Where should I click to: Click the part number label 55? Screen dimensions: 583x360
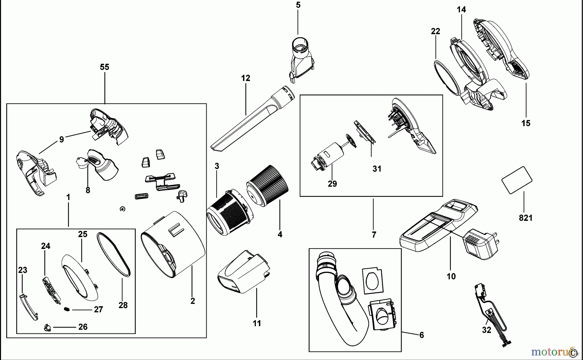105,67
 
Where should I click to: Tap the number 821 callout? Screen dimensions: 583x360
526,218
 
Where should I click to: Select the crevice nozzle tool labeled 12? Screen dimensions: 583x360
253,118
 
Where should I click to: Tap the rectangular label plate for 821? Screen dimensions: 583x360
517,180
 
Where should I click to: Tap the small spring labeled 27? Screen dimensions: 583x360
67,309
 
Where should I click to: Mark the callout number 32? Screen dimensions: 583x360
486,330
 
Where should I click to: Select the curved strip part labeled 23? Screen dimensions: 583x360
29,307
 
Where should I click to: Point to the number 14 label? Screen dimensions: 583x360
461,10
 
